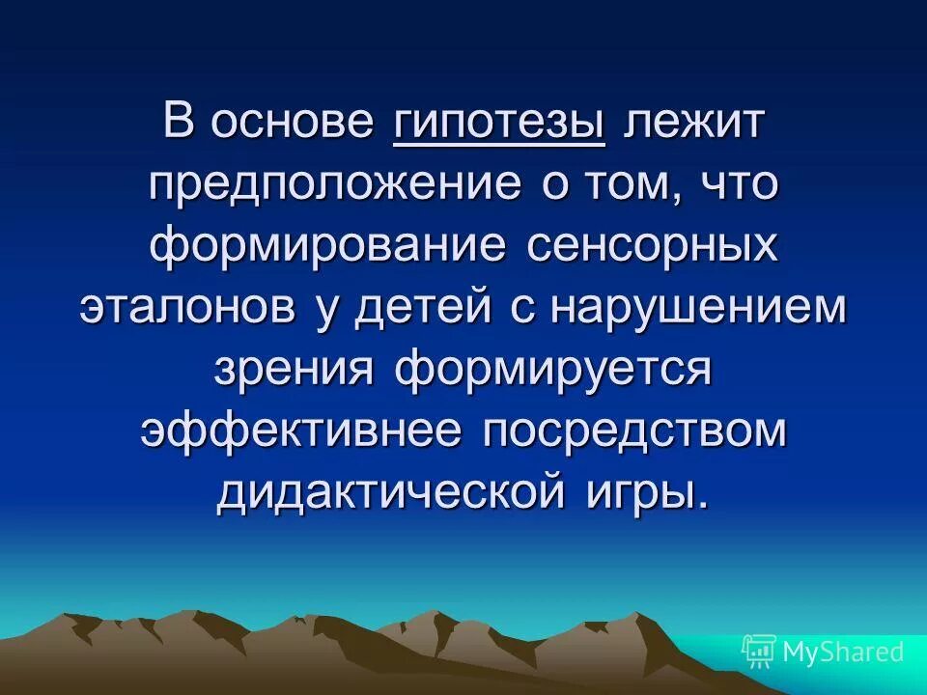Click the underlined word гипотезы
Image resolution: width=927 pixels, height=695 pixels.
(x=499, y=126)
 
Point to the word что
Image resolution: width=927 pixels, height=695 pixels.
(x=738, y=183)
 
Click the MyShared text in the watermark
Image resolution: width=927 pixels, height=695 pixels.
(x=842, y=652)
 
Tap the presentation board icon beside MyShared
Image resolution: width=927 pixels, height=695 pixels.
(x=759, y=652)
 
